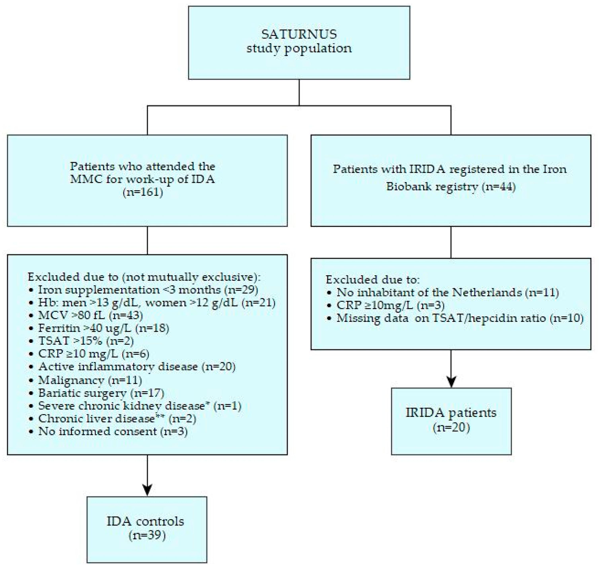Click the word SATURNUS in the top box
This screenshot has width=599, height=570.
point(299,34)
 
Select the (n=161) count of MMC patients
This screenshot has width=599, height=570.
point(143,192)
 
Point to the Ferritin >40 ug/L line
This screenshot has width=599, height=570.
point(103,328)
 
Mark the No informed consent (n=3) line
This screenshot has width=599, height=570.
point(113,431)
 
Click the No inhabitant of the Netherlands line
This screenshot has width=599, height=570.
point(447,292)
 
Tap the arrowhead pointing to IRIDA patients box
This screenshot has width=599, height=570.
point(451,381)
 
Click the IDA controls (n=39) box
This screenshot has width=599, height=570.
point(147,529)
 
